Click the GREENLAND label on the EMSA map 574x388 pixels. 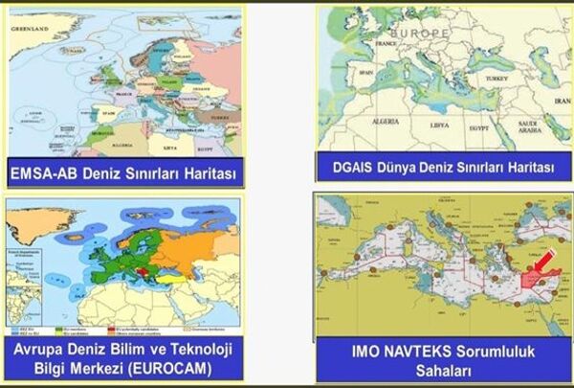29,30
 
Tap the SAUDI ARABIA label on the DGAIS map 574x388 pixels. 527,126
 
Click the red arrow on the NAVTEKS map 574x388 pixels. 543,256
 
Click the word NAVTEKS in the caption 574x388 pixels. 408,351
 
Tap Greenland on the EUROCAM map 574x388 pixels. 29,223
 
